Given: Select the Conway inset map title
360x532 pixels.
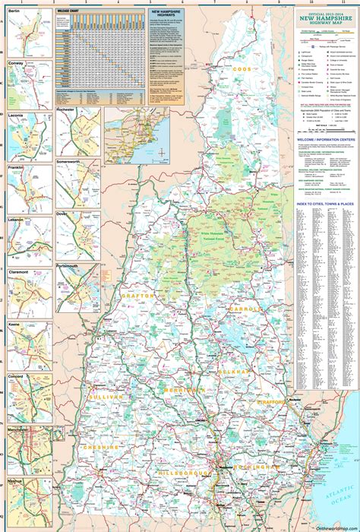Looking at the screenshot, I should coord(16,63).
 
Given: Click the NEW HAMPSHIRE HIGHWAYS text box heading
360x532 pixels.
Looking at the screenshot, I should coord(166,14).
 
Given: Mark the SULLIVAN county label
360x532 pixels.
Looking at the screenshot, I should coord(104,397).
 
